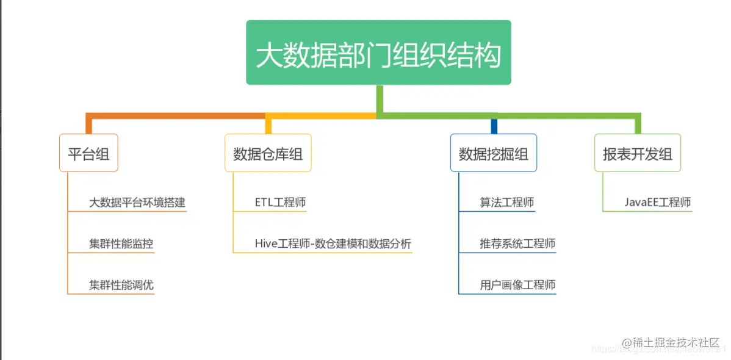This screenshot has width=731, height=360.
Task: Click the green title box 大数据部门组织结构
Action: pyautogui.click(x=378, y=53)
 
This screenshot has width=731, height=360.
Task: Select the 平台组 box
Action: pyautogui.click(x=88, y=153)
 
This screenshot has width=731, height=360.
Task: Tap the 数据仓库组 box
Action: pyautogui.click(x=268, y=153)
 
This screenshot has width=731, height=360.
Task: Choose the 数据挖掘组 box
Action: pyautogui.click(x=494, y=153)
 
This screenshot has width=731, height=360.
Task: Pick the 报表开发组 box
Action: pyautogui.click(x=638, y=153)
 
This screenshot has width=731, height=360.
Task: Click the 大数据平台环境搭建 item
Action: pyautogui.click(x=137, y=203)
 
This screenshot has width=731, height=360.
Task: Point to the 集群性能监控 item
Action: pyautogui.click(x=121, y=244)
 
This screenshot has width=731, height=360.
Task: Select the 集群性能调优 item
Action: pyautogui.click(x=121, y=285)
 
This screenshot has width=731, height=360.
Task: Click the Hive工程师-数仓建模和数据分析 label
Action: pyautogui.click(x=333, y=244)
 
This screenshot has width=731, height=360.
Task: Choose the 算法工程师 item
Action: pyautogui.click(x=507, y=203)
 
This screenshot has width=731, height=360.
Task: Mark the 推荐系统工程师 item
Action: pyautogui.click(x=517, y=244)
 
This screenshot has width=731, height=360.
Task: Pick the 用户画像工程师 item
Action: pyautogui.click(x=517, y=285)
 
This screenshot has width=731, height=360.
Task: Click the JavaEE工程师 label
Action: pyautogui.click(x=658, y=203)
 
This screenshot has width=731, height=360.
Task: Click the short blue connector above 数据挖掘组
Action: pyautogui.click(x=494, y=126)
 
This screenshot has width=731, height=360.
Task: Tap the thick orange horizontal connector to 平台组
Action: pyautogui.click(x=177, y=115)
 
